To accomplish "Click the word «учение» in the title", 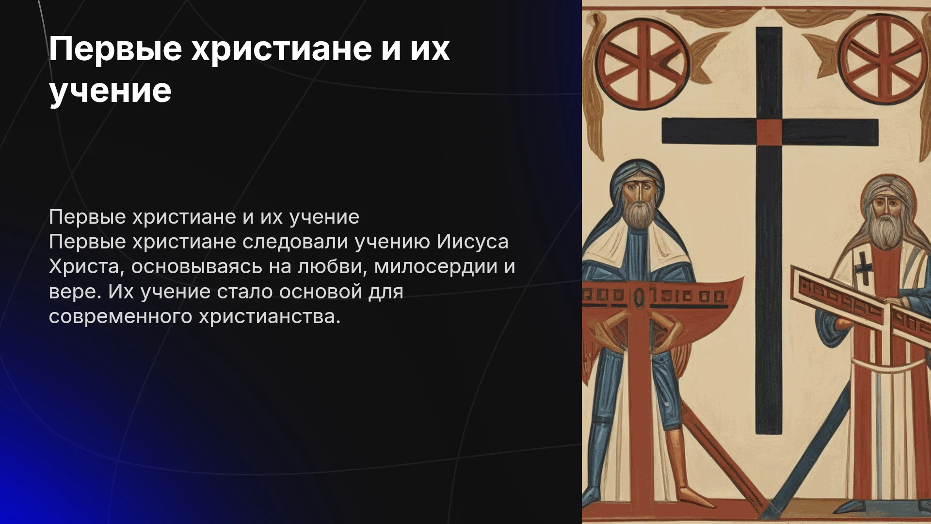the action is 110,90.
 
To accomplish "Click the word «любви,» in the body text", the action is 333,267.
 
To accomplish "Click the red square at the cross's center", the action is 769,132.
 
